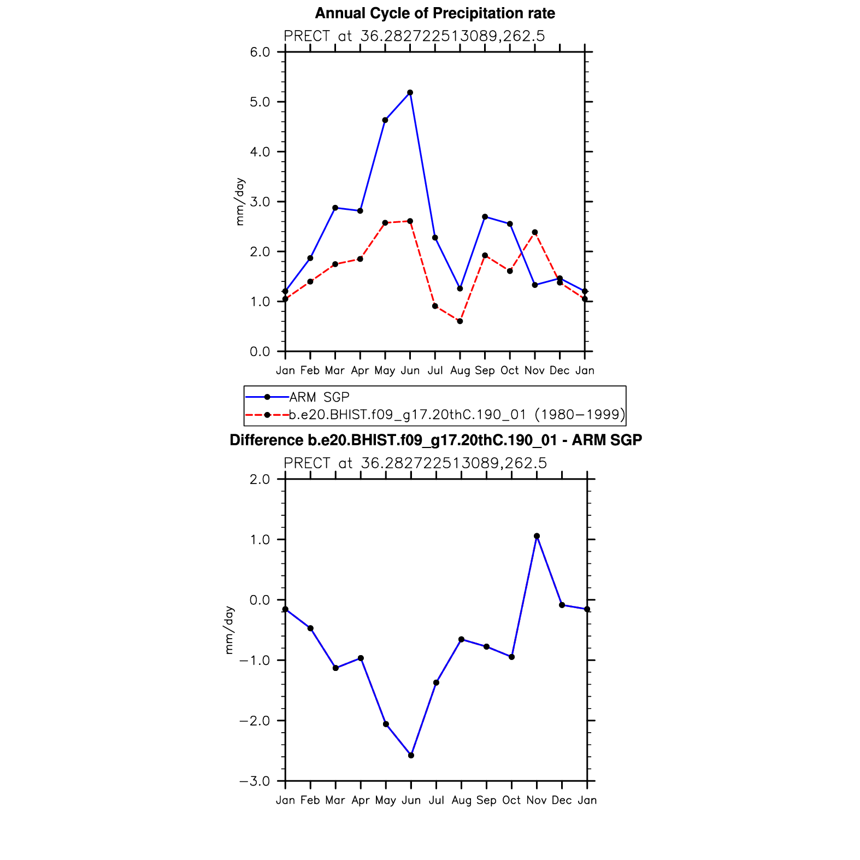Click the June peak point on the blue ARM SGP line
click(410, 93)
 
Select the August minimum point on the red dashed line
click(460, 321)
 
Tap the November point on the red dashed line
click(535, 232)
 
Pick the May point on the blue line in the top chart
click(385, 120)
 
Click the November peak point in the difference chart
click(537, 536)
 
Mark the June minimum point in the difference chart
click(411, 755)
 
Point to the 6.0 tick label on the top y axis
click(260, 52)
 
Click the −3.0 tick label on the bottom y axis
click(255, 781)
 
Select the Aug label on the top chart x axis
click(460, 370)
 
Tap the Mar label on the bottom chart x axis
click(335, 800)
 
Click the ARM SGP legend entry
click(319, 397)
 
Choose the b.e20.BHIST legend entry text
click(457, 415)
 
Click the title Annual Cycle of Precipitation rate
click(435, 13)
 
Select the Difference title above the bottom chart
click(435, 440)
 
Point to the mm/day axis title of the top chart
click(240, 202)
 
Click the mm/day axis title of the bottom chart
click(229, 629)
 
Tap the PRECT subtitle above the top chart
click(414, 36)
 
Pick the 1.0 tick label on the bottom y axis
click(260, 540)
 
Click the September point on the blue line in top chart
click(485, 217)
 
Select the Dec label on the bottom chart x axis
click(562, 800)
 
